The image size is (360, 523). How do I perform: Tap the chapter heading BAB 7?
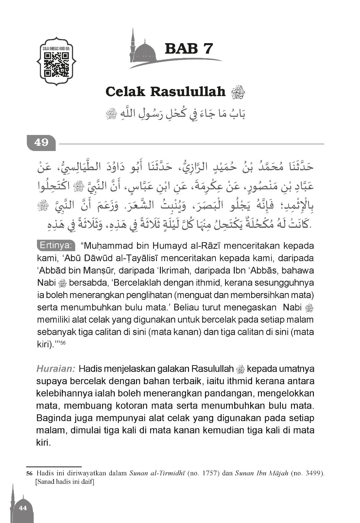tap(189, 49)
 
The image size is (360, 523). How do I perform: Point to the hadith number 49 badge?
tap(41, 143)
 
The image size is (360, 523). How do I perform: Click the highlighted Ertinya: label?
tap(56, 245)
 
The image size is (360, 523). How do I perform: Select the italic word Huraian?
tap(56, 369)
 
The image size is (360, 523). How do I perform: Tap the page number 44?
tap(23, 508)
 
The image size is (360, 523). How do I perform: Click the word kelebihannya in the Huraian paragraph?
tap(68, 393)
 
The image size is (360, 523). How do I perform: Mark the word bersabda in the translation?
tap(84, 283)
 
